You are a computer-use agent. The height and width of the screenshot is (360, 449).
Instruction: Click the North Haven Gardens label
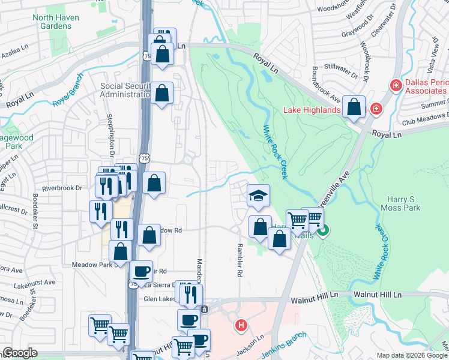[x=56, y=23]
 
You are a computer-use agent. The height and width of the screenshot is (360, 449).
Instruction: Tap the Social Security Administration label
[x=125, y=90]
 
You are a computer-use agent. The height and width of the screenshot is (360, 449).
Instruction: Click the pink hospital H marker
[x=241, y=326]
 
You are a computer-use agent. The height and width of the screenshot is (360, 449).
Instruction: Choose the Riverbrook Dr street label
[x=62, y=188]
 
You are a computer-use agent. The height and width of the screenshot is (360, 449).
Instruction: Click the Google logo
[x=20, y=353]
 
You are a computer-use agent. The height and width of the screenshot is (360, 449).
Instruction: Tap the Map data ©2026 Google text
[x=412, y=355]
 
